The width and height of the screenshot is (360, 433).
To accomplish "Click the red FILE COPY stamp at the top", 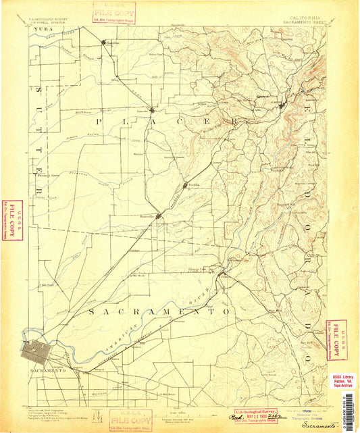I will (x=115, y=11).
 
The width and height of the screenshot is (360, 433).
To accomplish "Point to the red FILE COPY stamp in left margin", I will (x=9, y=220).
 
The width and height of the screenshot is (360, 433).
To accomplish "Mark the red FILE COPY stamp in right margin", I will (x=332, y=339).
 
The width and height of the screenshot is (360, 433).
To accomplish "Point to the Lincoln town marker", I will (x=153, y=109).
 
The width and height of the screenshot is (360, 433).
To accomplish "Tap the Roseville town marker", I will (x=159, y=216).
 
